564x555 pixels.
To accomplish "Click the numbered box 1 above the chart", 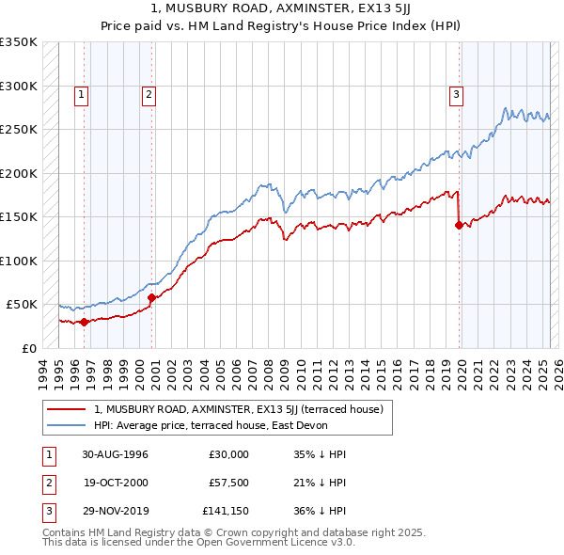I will coord(82,93).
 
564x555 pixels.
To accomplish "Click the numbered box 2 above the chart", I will coord(149,93).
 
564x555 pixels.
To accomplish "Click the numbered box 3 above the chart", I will coord(456,93).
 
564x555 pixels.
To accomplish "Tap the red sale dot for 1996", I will coord(84,322).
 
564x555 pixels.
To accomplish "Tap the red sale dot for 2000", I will coord(151,297).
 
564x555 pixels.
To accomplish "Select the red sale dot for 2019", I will coord(459,225).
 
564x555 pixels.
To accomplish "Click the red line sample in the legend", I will coord(68,409).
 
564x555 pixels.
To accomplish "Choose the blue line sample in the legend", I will coord(68,424).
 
